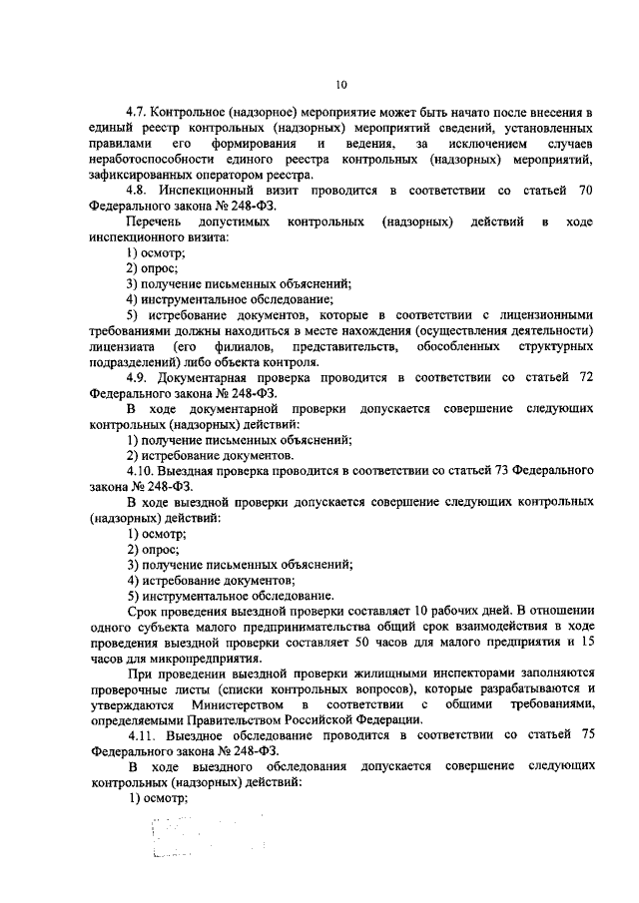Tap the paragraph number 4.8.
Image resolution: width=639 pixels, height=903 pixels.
[138, 189]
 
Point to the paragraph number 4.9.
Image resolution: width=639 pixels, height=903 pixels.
[138, 377]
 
